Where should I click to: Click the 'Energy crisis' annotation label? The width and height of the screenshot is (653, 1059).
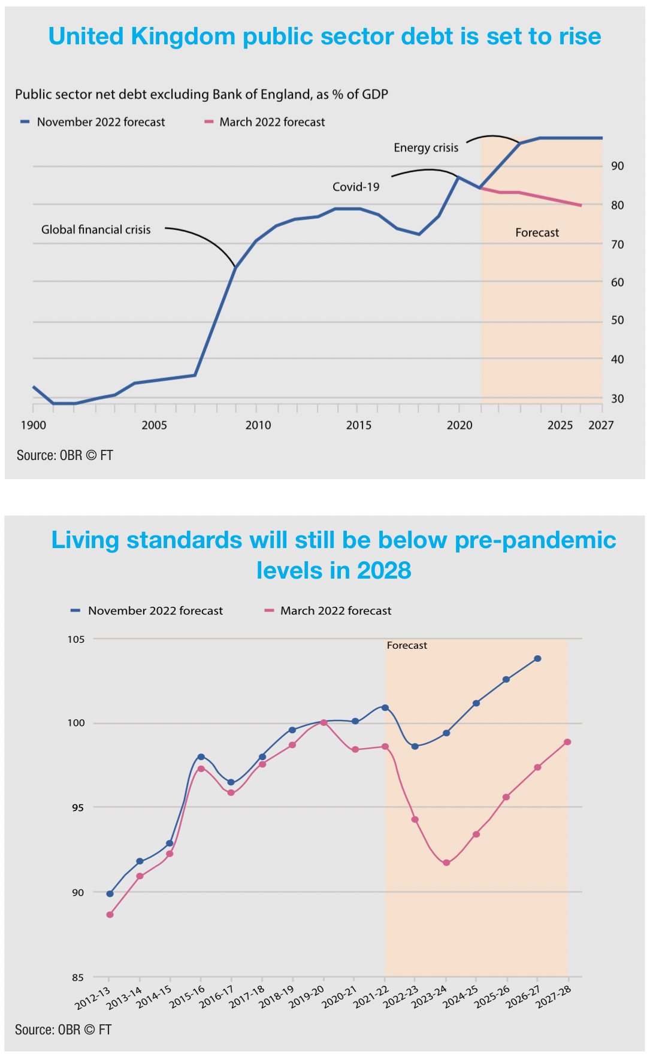point(425,148)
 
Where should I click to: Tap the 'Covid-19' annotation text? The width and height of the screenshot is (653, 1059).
point(356,187)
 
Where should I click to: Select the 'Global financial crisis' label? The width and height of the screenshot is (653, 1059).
point(96,230)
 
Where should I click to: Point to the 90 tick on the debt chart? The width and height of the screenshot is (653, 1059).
point(617,167)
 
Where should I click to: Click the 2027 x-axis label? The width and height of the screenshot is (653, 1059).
point(601,425)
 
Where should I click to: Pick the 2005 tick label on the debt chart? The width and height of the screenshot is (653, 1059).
point(154,425)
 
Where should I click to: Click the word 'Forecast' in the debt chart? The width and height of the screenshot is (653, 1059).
point(537,233)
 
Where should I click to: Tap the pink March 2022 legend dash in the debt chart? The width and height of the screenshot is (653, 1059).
point(209,122)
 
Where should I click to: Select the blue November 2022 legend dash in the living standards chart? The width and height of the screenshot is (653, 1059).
point(75,611)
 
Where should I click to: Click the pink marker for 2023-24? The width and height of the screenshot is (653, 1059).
point(446,863)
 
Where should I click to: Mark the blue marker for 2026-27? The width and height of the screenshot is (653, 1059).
point(537,659)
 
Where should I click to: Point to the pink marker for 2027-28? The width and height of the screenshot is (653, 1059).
point(567,742)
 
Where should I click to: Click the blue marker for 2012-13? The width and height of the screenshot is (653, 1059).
point(110,894)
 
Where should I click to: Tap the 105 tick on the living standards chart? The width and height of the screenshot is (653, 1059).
point(76,639)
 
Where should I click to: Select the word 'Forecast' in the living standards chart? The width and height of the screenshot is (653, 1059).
point(407,646)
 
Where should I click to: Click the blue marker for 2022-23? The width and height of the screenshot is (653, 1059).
point(415,746)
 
